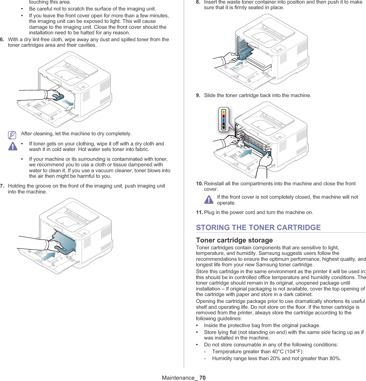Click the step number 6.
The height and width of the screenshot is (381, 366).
(x=2, y=40)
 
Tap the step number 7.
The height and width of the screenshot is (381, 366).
(x=2, y=186)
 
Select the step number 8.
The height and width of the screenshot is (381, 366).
(x=198, y=2)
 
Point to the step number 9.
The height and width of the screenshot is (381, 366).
(x=198, y=95)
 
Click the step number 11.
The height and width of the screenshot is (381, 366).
(x=199, y=212)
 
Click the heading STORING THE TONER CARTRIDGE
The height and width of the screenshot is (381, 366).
(x=258, y=227)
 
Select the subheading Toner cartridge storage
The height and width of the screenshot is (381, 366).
(x=234, y=240)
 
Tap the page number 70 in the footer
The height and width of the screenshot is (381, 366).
(x=202, y=378)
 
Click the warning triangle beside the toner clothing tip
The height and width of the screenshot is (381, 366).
(x=12, y=146)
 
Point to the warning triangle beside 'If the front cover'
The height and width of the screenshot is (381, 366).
(x=208, y=199)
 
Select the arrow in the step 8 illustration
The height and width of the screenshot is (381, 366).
(x=239, y=63)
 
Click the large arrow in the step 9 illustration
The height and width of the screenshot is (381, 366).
(x=245, y=153)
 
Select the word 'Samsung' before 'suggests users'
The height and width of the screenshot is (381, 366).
(x=288, y=253)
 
